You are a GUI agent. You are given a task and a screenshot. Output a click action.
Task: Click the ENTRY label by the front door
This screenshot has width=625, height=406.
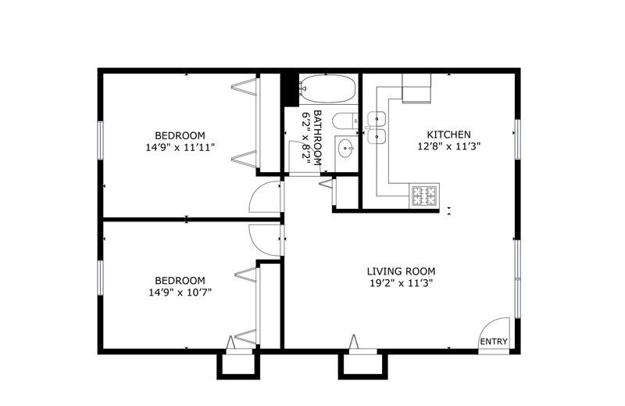[x=494, y=342]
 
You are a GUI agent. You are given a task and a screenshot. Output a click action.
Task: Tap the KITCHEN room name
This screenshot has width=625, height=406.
[x=448, y=135]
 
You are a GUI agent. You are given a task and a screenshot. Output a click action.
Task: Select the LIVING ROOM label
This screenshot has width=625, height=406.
[x=401, y=271]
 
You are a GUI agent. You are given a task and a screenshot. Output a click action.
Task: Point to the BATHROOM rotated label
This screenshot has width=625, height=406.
[x=318, y=138]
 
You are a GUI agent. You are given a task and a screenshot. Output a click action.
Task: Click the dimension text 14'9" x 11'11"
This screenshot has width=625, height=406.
[x=180, y=147]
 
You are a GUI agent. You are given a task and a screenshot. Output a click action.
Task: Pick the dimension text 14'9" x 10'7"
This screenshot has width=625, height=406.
[x=180, y=293]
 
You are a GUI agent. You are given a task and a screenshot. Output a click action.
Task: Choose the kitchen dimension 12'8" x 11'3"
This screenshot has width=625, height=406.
[x=448, y=146]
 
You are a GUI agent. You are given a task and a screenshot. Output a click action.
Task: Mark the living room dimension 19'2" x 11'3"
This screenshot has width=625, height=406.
[x=401, y=283]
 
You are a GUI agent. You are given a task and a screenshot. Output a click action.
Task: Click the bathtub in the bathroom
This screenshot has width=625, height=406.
[x=327, y=88]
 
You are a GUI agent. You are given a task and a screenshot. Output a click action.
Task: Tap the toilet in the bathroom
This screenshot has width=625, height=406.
[x=345, y=120]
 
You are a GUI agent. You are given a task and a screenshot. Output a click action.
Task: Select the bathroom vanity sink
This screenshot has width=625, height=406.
[x=346, y=149]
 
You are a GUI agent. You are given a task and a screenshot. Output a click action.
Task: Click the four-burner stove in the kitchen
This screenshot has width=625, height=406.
[x=424, y=196]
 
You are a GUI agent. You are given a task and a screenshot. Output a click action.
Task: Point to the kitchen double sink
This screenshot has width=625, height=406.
[x=377, y=128]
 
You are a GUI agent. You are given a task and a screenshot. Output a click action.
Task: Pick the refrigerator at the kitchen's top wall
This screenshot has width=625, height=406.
[x=416, y=88]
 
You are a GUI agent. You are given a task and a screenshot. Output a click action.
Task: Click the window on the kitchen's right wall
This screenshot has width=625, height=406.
[x=517, y=139]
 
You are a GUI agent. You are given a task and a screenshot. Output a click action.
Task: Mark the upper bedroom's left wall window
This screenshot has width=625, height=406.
[x=101, y=141]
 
